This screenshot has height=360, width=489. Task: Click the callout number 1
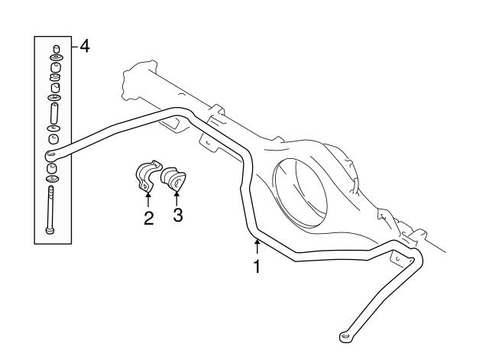point(257,266)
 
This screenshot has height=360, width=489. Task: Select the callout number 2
point(149,218)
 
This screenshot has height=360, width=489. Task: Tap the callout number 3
point(178,215)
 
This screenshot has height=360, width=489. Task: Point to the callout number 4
point(85,47)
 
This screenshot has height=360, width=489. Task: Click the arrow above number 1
point(257,246)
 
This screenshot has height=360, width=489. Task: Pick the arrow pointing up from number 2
point(148,199)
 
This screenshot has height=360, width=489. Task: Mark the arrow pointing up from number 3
point(176,199)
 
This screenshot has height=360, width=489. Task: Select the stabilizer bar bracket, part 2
point(147,176)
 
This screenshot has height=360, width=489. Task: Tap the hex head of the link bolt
point(50,231)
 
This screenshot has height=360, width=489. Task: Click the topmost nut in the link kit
point(56,49)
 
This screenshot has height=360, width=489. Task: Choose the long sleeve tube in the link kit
point(54,113)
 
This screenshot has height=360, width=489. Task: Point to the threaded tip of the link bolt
point(50,188)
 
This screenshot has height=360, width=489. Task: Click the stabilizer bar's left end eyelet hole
point(50,154)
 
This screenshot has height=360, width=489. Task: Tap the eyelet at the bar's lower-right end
point(345,336)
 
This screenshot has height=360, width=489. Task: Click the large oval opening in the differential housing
point(300,193)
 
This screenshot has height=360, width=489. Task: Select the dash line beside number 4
point(75,47)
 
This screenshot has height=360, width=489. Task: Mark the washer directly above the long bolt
point(53,179)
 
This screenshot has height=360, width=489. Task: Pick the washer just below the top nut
point(57,58)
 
